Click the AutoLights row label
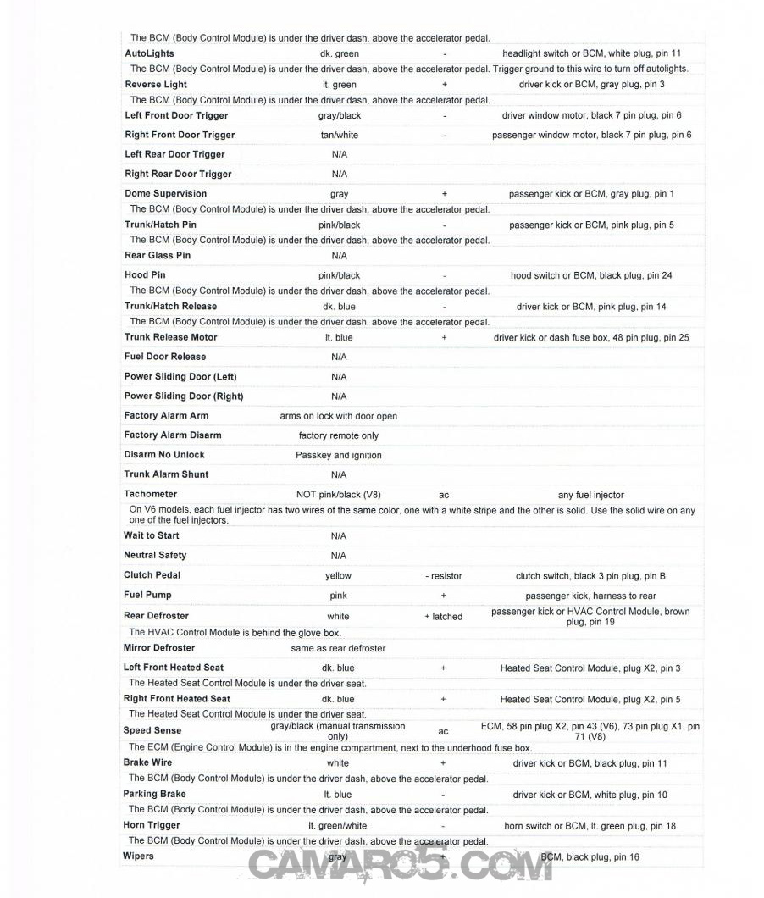[x=150, y=53]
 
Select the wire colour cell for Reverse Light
[x=340, y=85]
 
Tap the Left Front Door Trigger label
[x=176, y=115]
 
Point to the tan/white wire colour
[x=339, y=135]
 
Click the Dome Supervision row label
[x=165, y=193]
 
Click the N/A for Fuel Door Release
[x=339, y=357]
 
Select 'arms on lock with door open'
[x=338, y=416]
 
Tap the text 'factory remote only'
[x=339, y=435]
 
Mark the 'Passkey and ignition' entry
[x=339, y=455]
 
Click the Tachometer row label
[x=151, y=494]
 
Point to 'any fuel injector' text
[x=590, y=495]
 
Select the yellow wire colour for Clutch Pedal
[x=338, y=575]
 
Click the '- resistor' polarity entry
[x=443, y=576]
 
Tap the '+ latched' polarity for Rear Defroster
[x=443, y=617]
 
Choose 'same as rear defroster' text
[x=338, y=648]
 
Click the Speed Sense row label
[x=152, y=730]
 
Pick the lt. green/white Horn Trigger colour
[x=338, y=826]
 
